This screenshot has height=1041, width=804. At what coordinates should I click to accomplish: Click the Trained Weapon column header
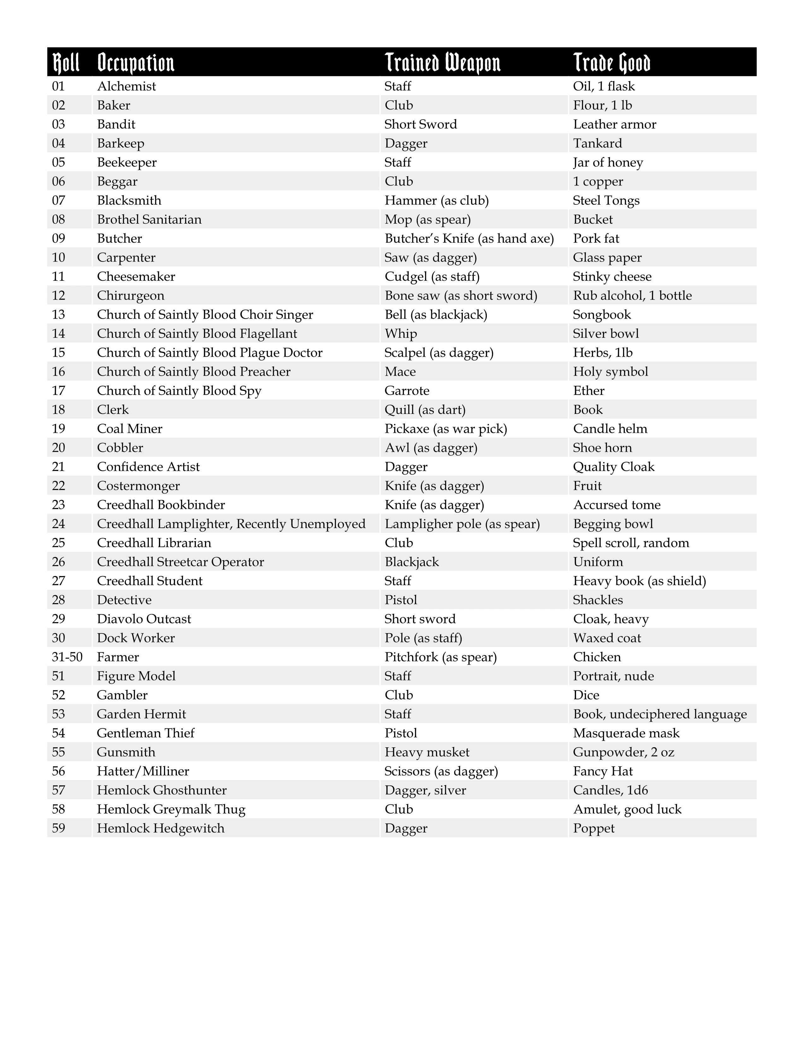pos(442,62)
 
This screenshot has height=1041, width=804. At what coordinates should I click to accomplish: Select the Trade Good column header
pos(612,62)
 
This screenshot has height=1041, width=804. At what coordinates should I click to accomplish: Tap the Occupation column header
pos(136,62)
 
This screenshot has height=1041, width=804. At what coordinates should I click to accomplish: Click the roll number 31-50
pos(67,657)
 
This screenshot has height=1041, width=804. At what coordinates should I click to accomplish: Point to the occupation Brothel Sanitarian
pos(149,219)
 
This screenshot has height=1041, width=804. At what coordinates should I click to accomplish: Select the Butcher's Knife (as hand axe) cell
pos(469,238)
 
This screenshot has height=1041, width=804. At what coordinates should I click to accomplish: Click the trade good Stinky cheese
pos(612,276)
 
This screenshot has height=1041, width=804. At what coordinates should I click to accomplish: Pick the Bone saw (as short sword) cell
pos(461,296)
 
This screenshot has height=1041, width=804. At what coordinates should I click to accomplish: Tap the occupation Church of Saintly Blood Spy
pos(179,391)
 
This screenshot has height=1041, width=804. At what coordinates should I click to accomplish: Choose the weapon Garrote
pos(407,391)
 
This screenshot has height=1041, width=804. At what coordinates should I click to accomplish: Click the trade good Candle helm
pos(610,428)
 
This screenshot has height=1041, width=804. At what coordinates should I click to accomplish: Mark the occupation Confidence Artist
pos(148,467)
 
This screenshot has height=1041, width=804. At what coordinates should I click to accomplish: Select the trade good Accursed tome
pos(617,505)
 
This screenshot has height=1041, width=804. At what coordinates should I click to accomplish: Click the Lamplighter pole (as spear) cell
pos(462,524)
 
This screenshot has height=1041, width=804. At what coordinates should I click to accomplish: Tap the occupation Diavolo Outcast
pos(144,619)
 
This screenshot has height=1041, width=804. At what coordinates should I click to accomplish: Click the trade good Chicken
pos(597,657)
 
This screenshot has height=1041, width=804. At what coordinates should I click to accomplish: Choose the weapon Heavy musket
pos(427,752)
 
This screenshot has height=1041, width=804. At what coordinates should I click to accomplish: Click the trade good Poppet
pos(593,828)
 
